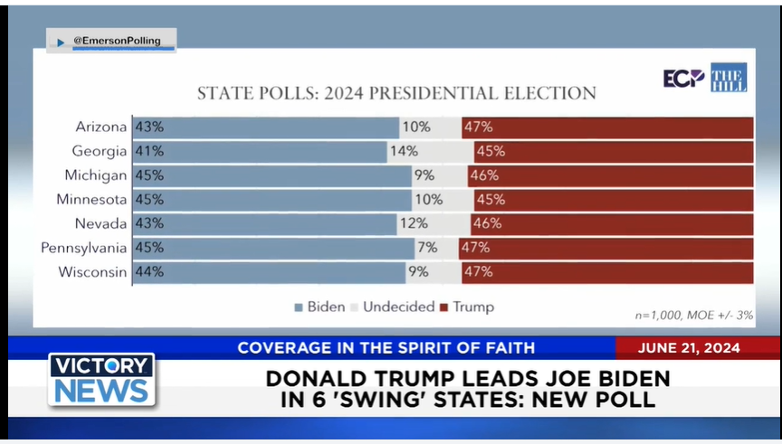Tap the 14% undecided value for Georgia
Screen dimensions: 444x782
pyautogui.click(x=405, y=152)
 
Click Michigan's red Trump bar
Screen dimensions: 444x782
pyautogui.click(x=610, y=175)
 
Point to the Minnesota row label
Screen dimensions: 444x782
pyautogui.click(x=91, y=200)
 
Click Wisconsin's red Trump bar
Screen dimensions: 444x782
pyautogui.click(x=606, y=271)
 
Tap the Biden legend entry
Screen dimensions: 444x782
pyautogui.click(x=319, y=307)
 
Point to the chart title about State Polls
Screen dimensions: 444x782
pyautogui.click(x=396, y=93)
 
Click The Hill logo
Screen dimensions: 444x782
pyautogui.click(x=729, y=78)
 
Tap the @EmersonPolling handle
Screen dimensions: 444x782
pyautogui.click(x=116, y=41)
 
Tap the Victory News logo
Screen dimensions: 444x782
pyautogui.click(x=101, y=379)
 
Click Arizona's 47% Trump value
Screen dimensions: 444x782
pyautogui.click(x=477, y=128)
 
